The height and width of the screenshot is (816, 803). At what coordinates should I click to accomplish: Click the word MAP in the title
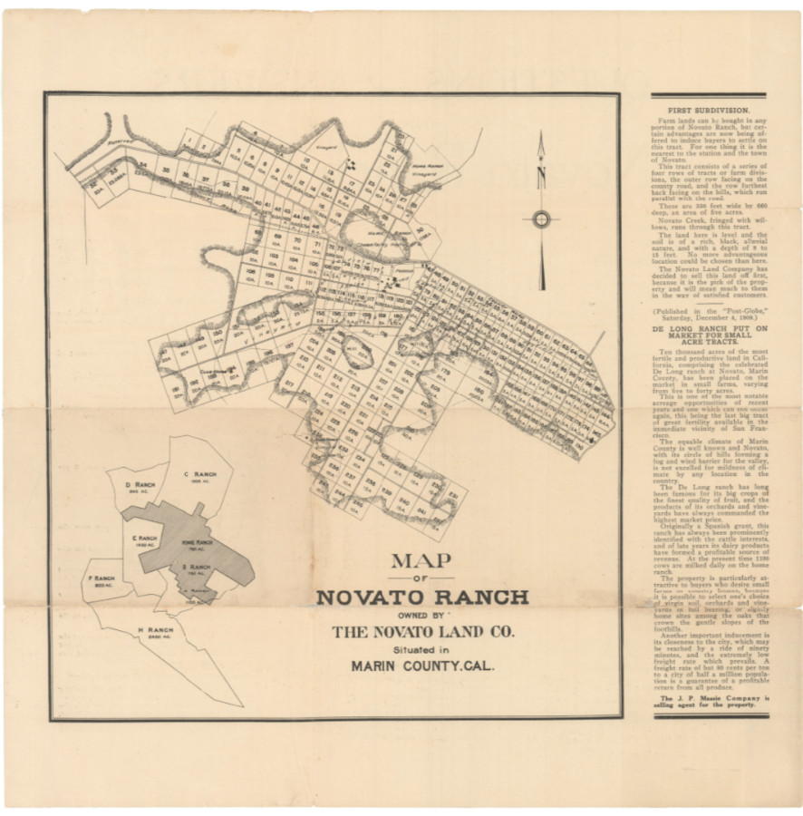point(422,560)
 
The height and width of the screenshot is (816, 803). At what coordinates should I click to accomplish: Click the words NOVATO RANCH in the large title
point(422,597)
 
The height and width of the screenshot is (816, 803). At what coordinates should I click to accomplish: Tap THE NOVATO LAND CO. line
point(422,632)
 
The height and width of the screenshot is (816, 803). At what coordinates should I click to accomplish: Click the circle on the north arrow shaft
point(541,219)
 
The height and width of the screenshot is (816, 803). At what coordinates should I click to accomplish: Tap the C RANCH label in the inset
point(199,474)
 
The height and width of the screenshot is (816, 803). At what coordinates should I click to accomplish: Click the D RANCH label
point(140,485)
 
